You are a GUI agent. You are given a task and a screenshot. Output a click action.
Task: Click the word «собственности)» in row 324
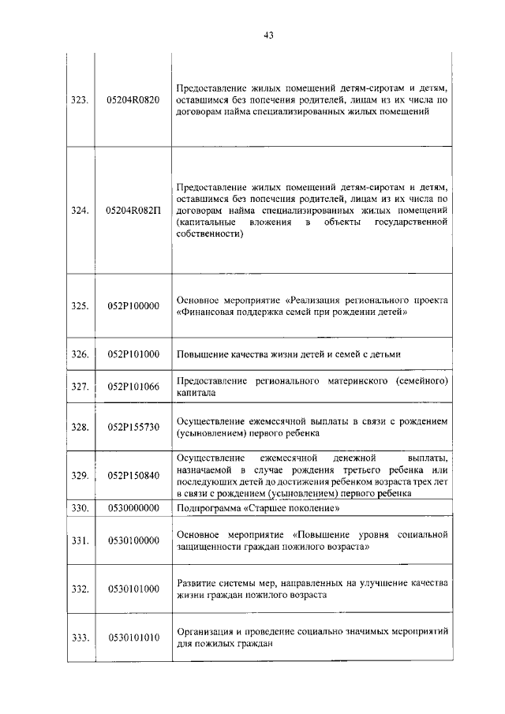[x=208, y=234]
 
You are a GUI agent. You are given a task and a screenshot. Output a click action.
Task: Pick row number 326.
[x=79, y=354]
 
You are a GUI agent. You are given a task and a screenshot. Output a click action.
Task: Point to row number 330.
[x=79, y=508]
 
